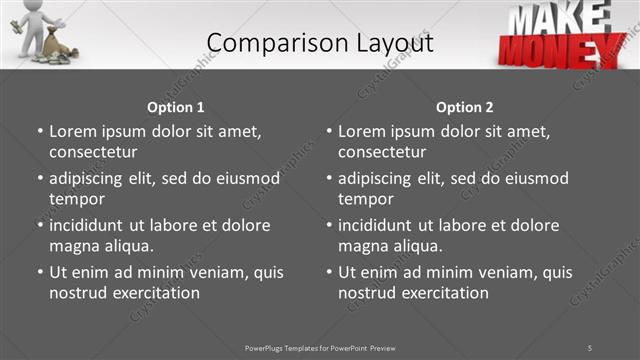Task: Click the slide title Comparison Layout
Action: (x=320, y=42)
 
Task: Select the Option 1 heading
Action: (x=176, y=107)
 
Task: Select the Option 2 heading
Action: (x=464, y=107)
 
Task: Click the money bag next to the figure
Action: (x=52, y=46)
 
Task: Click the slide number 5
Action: (x=590, y=347)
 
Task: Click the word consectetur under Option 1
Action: (x=93, y=152)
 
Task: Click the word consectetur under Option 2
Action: (x=382, y=152)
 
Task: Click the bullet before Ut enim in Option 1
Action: (x=40, y=272)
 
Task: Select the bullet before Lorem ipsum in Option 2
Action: (x=329, y=131)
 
